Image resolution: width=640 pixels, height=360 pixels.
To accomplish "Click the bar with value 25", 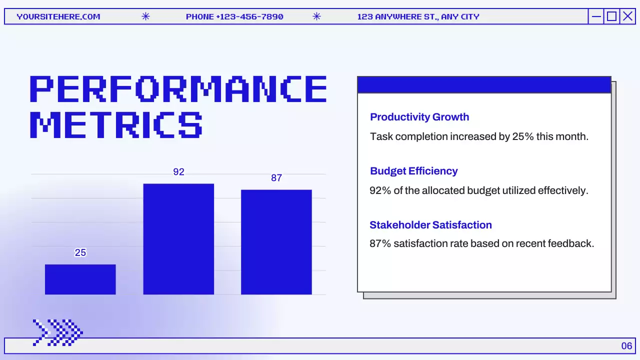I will pos(80,279).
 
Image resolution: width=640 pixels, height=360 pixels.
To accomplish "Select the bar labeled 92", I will pos(178,239).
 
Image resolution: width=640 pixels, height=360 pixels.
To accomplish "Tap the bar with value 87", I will pos(276,242).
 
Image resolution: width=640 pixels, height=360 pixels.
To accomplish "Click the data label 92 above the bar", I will pos(178,172).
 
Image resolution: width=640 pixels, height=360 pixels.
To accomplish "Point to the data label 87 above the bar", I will pos(276,178).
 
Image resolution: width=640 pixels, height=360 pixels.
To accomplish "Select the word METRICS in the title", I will pos(116,124).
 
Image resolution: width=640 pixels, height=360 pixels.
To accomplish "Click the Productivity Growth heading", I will pos(419,117).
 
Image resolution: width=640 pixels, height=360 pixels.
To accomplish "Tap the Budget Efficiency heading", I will pos(414,171).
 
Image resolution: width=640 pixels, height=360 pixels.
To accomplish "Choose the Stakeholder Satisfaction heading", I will pos(430,225).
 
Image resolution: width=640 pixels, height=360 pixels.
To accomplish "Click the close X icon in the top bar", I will pos(627,16).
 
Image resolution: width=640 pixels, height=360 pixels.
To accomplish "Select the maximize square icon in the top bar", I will pos(611,16).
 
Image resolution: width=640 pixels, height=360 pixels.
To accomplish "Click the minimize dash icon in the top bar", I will pos(596,16).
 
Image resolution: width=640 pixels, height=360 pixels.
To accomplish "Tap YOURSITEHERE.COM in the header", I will pos(58,16).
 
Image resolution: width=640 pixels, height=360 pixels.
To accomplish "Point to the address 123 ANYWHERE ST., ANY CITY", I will pos(418,16).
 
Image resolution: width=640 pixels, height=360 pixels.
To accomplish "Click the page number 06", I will pos(626,346).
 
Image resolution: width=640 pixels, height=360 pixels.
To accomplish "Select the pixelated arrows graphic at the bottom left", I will pos(57,332).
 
